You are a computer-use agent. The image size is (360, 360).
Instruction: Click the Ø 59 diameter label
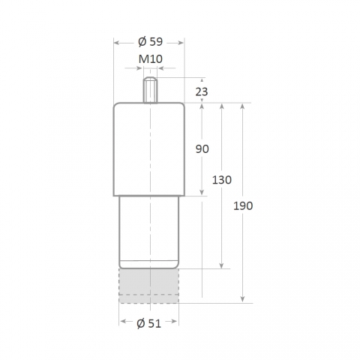(150, 42)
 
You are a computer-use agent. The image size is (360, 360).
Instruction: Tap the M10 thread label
(151, 59)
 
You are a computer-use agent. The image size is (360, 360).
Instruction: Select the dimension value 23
(202, 92)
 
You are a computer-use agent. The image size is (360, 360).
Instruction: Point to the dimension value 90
(202, 149)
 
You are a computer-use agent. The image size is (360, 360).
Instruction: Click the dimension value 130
(222, 180)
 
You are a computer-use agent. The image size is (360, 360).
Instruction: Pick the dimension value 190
(243, 206)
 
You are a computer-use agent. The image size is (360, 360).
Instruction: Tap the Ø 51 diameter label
(149, 324)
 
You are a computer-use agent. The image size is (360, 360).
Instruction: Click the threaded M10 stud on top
(150, 90)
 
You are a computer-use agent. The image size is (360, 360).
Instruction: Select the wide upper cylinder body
(149, 149)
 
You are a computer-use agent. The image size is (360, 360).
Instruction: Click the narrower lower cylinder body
(149, 232)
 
